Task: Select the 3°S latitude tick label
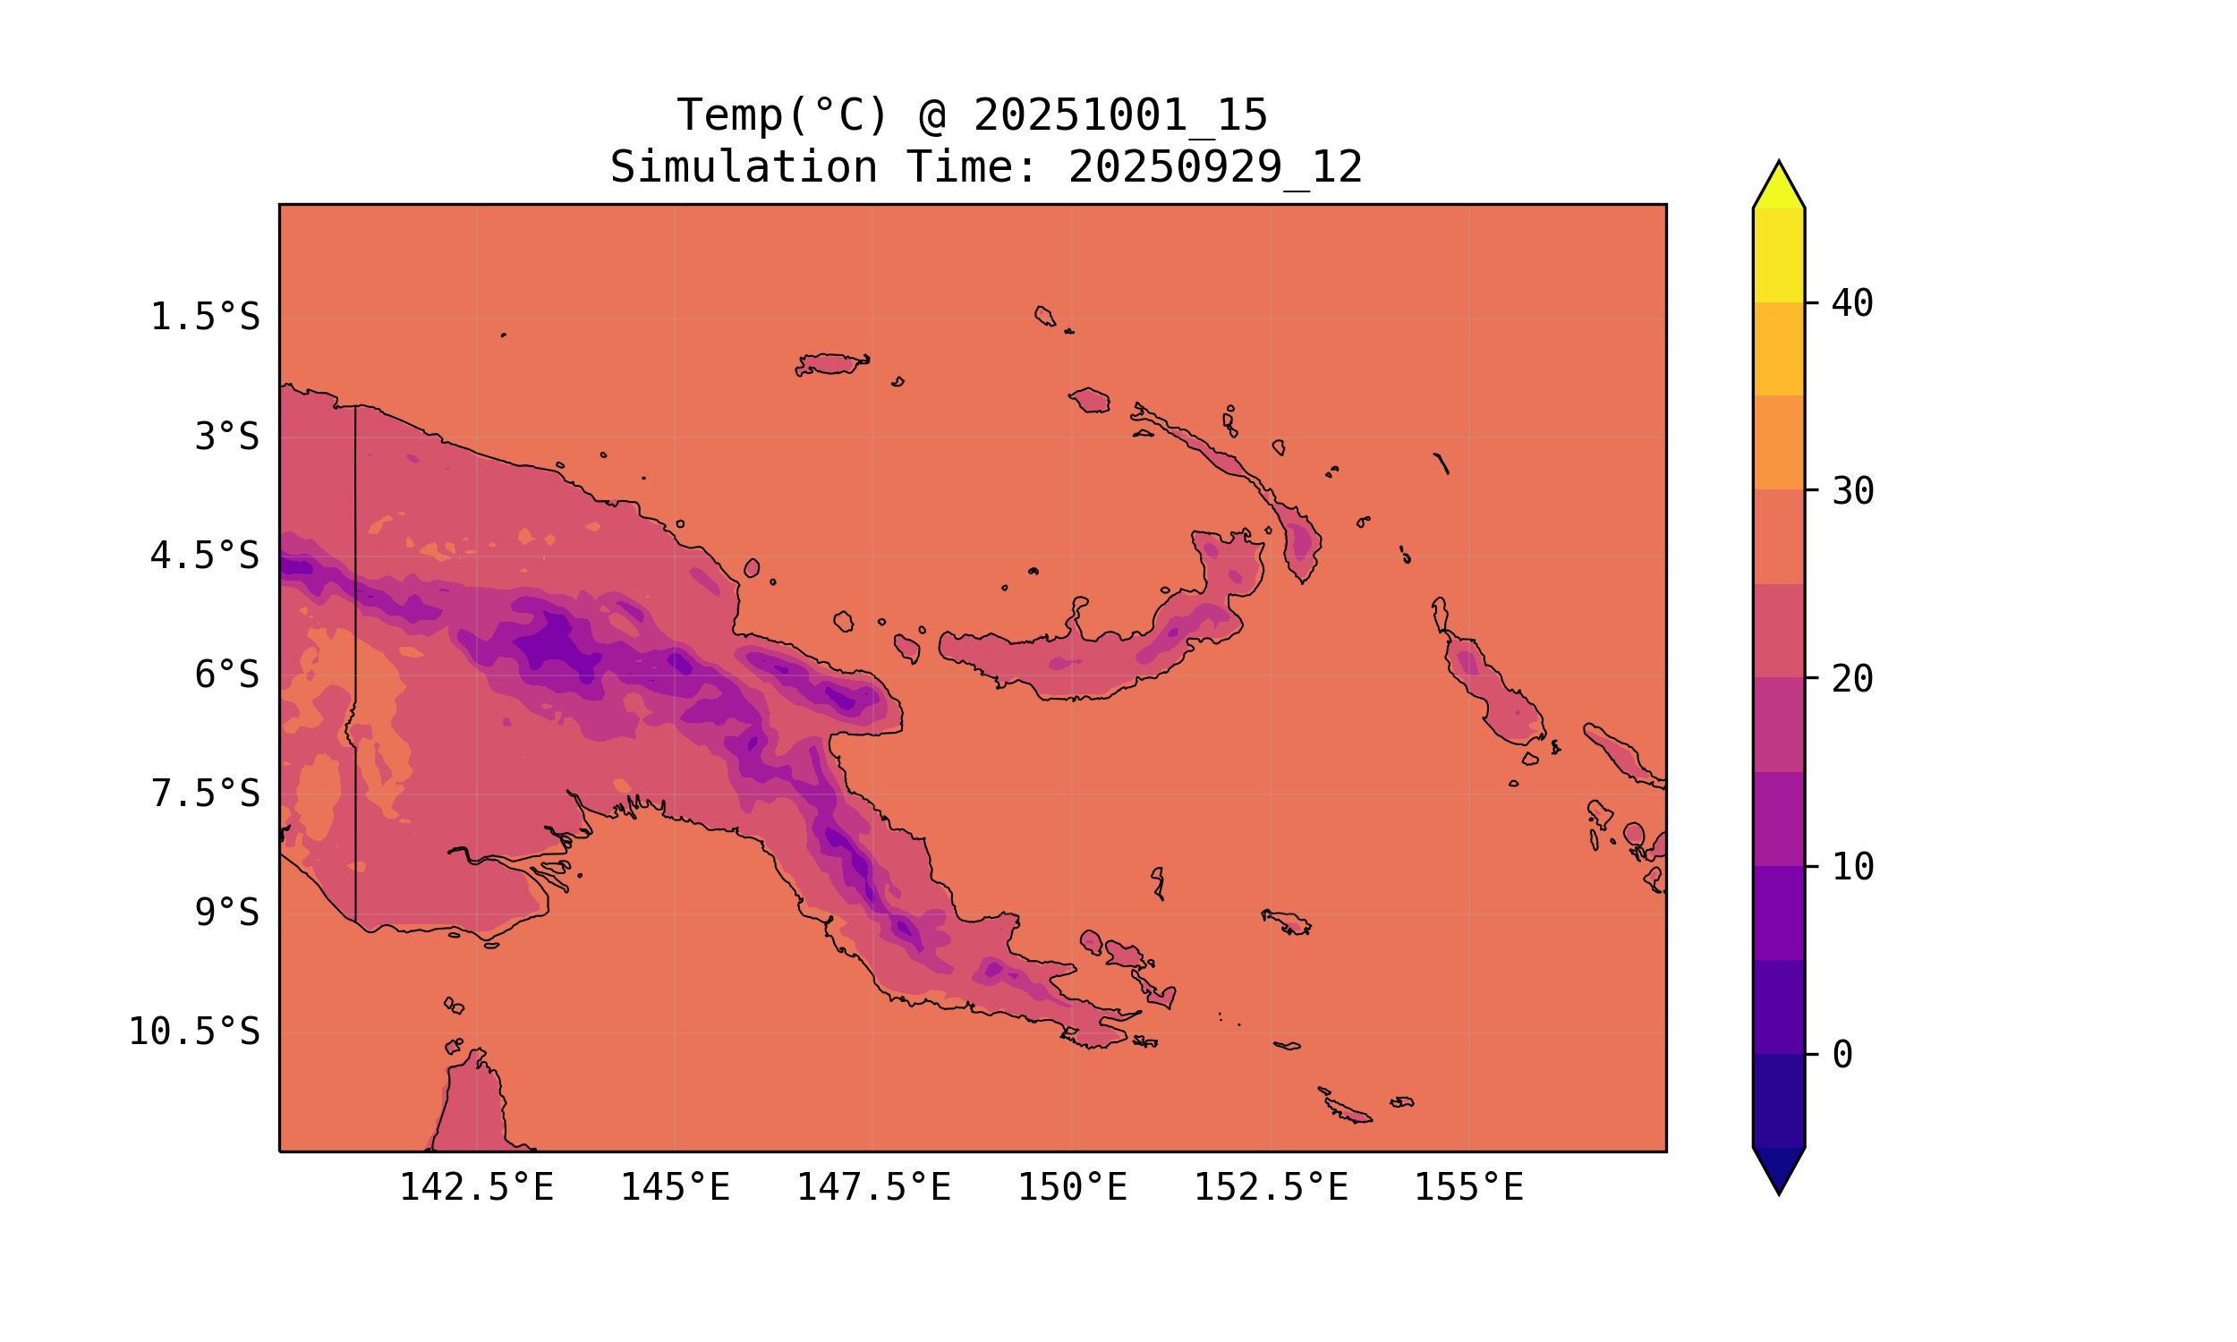point(227,437)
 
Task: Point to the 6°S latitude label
point(227,675)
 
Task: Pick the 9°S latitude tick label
point(227,913)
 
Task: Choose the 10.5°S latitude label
point(193,1032)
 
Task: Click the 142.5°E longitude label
point(476,1187)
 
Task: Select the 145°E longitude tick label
point(675,1187)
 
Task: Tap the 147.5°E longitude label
point(873,1187)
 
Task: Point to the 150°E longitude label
point(1072,1187)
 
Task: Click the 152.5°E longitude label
point(1271,1187)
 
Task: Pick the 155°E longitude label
point(1468,1187)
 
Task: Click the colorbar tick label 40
point(1852,303)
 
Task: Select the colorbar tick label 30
point(1852,491)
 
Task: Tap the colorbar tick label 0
point(1841,1055)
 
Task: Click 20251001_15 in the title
point(1120,115)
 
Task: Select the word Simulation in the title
point(744,167)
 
